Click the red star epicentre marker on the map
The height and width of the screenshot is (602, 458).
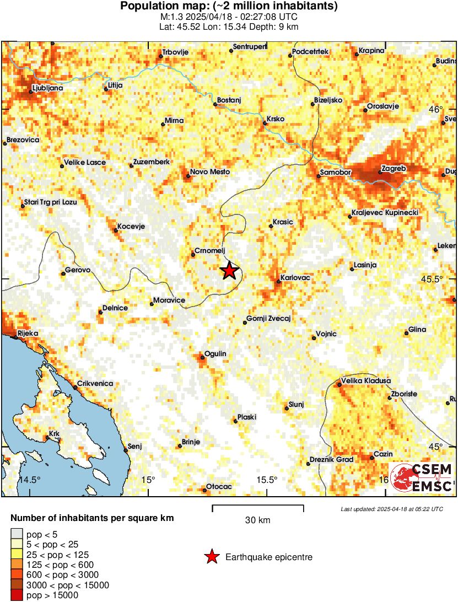tap(229, 271)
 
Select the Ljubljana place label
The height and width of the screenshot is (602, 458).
tap(47, 88)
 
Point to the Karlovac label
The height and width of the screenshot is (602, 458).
tap(295, 277)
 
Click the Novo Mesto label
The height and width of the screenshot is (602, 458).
tap(209, 172)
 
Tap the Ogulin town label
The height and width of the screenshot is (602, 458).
tap(215, 353)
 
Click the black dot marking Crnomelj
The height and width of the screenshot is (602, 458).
tap(192, 255)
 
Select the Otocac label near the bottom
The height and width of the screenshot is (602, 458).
tap(219, 486)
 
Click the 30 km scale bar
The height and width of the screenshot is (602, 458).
tap(257, 506)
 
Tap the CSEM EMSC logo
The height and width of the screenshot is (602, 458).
tap(422, 477)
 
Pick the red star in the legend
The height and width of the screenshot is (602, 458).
tap(211, 557)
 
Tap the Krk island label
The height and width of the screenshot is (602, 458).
tap(54, 434)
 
